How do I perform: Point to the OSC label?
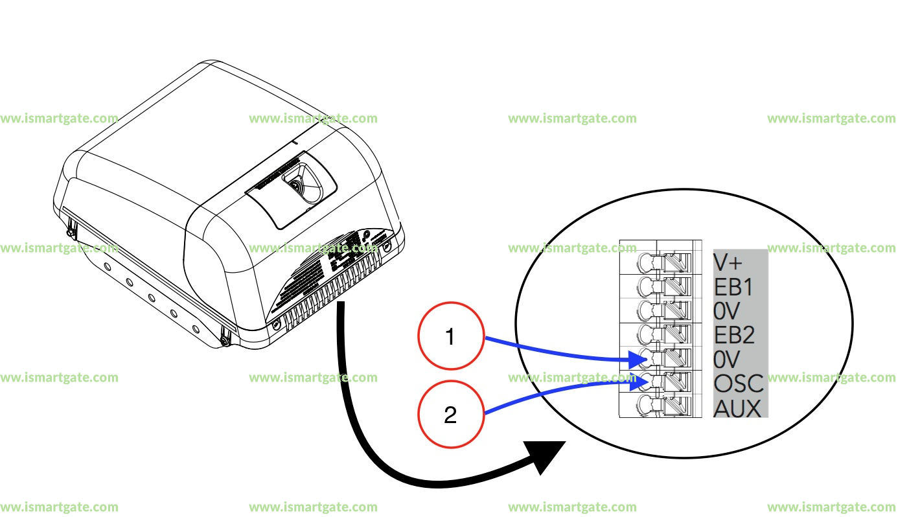(x=739, y=384)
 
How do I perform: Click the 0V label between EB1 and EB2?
(x=727, y=312)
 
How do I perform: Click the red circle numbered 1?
(x=450, y=338)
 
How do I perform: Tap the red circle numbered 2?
(x=450, y=415)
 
